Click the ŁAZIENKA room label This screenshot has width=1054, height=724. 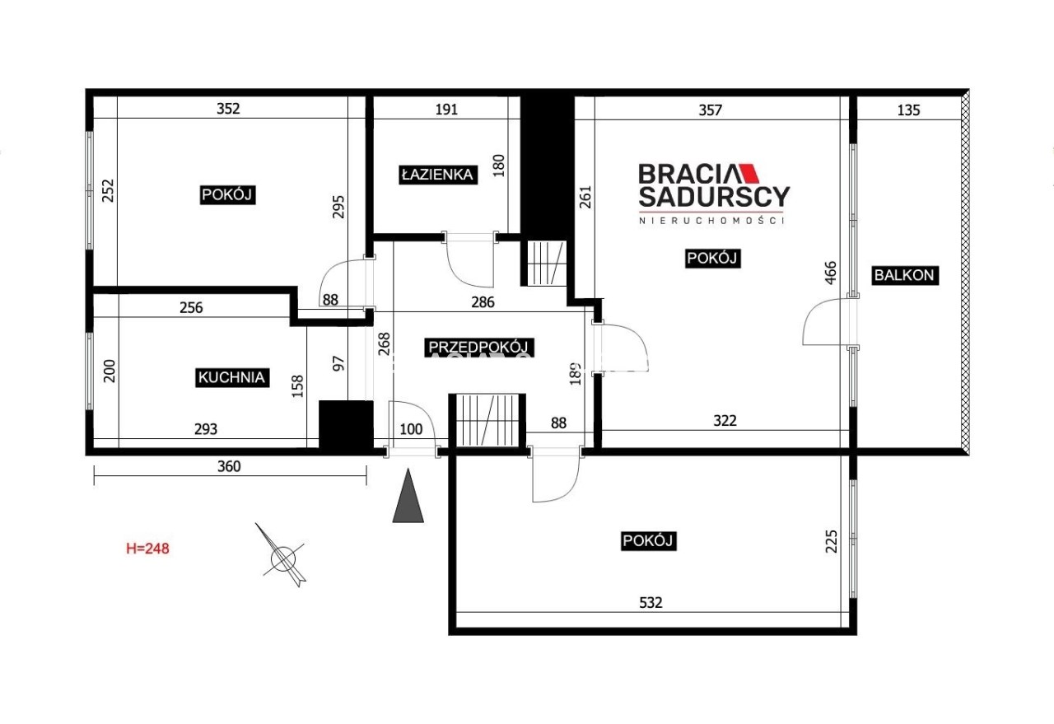point(437,175)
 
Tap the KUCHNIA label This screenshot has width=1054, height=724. point(232,377)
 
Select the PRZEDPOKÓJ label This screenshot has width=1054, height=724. point(479,348)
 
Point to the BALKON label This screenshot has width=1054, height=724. point(904,275)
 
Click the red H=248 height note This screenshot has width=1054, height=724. point(147,549)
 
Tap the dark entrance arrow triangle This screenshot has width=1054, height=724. point(408,496)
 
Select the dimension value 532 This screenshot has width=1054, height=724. point(651,603)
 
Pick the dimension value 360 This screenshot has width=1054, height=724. point(229,466)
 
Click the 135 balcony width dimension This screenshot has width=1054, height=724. point(908,110)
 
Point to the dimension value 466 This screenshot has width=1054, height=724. point(831,273)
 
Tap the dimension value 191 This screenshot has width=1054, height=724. point(446,110)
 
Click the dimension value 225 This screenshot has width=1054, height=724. point(832,542)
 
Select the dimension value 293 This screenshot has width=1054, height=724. point(206,429)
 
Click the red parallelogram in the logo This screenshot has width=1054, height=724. point(749,173)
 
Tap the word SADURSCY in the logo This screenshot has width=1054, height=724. point(714,197)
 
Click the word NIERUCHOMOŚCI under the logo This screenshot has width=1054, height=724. point(711,221)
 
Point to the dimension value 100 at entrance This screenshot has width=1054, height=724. point(411,429)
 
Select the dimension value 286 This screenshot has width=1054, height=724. point(483,302)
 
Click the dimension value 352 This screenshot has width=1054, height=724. point(228,109)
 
